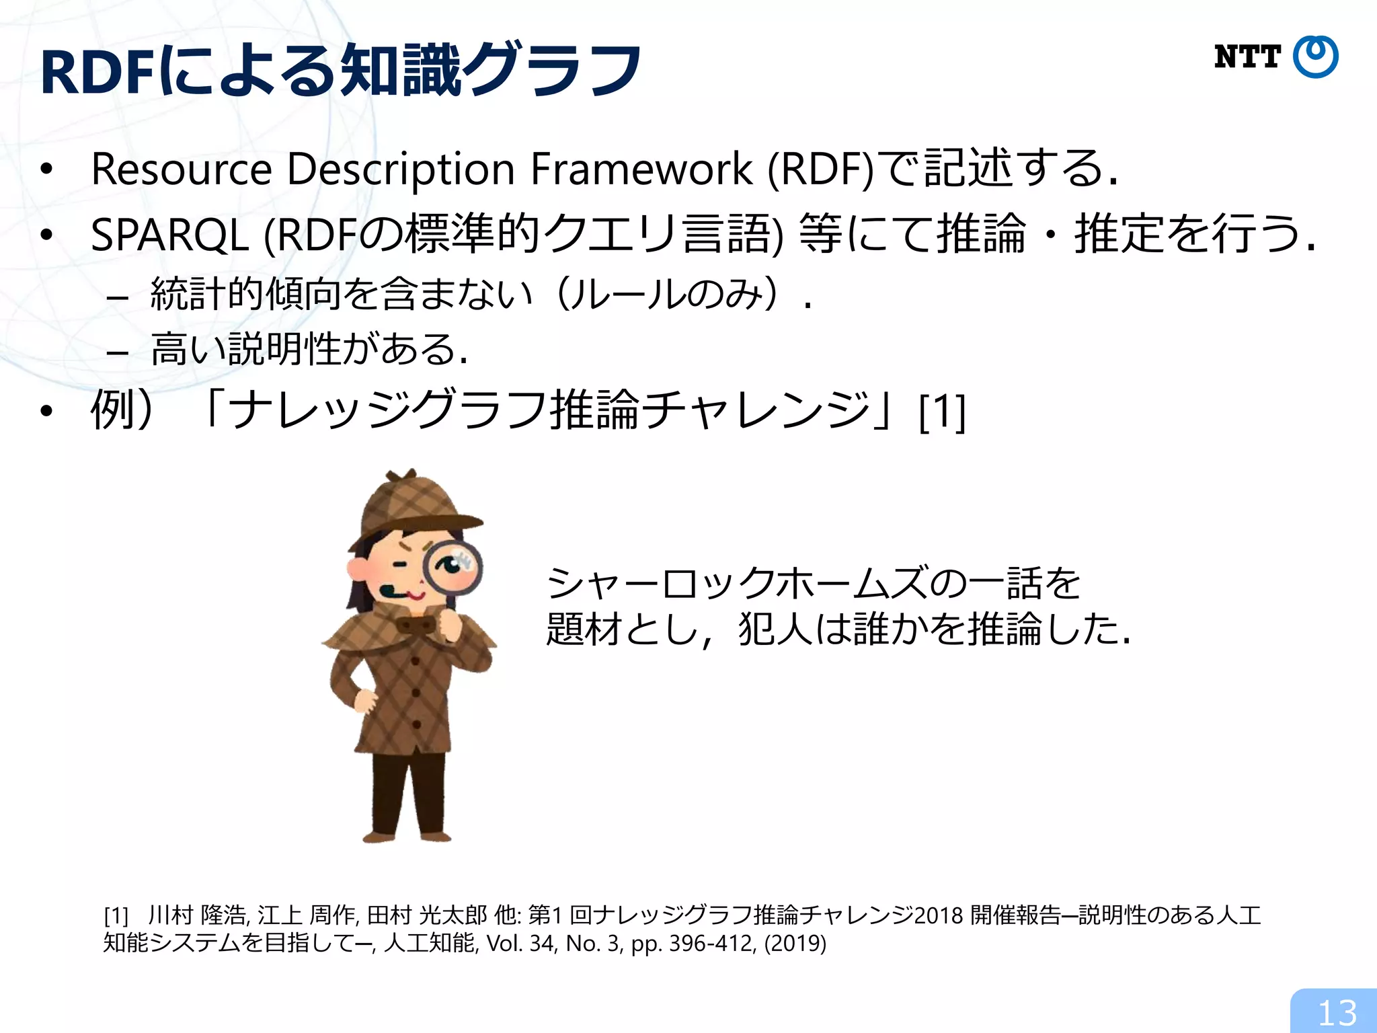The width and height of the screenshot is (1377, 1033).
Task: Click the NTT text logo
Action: coord(1247,57)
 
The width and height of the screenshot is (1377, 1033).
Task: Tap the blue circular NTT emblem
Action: coord(1316,57)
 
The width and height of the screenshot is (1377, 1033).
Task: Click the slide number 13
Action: coord(1337,1013)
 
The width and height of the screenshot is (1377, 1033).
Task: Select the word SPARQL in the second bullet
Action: coord(170,236)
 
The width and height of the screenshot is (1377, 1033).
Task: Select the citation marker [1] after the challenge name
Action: coord(942,412)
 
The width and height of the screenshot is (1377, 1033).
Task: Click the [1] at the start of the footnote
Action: coord(116,916)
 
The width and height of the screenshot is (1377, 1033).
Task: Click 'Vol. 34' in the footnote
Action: coord(520,944)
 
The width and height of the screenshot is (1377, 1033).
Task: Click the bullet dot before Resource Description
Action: coord(46,169)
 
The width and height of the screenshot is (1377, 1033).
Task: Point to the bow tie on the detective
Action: coord(416,625)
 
